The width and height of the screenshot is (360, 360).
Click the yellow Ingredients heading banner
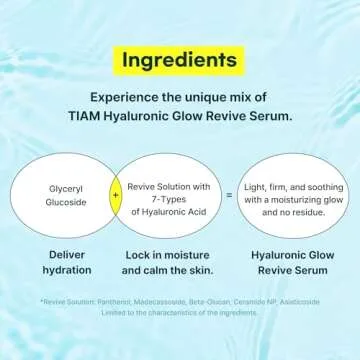point(180,57)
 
